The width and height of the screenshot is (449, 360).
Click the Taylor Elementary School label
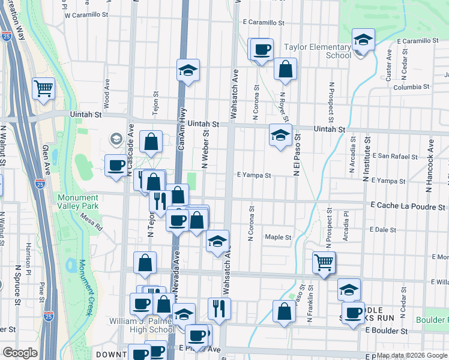(317, 51)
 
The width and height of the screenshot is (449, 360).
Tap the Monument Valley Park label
(78, 202)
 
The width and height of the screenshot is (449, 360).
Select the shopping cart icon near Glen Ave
(44, 89)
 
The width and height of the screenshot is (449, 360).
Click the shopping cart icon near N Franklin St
(324, 262)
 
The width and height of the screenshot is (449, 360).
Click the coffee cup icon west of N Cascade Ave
(116, 166)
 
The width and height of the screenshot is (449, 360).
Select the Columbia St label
(411, 87)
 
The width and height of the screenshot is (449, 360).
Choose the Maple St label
(278, 237)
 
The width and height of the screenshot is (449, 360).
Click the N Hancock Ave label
(430, 166)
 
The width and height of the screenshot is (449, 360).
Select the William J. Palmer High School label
(142, 325)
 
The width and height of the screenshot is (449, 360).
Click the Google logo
(20, 353)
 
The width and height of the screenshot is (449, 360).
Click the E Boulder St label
(386, 331)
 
